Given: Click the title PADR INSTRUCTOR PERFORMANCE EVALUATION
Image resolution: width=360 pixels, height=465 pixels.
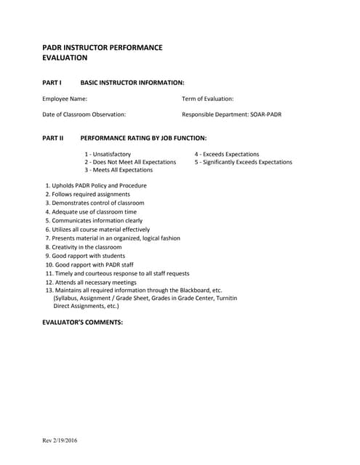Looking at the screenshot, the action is coord(102,52).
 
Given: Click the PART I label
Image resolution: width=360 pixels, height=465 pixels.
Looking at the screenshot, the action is coord(53,83).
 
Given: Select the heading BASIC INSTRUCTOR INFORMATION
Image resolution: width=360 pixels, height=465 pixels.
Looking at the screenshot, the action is coord(132,83).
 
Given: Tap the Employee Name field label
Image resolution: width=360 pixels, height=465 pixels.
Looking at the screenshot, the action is coord(65,98).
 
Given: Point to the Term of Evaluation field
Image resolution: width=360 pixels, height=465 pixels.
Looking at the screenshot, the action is coord(207,98).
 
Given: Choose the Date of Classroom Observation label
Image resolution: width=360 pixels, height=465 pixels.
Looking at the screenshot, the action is coord(84,114).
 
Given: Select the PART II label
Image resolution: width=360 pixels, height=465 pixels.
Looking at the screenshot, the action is coord(54,137).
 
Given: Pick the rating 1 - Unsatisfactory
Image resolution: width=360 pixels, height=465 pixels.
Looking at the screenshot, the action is coord(108,154).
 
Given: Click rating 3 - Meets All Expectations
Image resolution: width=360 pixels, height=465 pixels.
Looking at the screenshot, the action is coord(119,170).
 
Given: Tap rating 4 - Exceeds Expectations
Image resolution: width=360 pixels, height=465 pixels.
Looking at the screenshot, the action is coord(226,154).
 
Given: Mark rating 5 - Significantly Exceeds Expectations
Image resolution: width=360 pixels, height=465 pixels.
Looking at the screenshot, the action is coord(243,162).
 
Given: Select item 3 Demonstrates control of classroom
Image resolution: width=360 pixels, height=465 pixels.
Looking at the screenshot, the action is coord(95,203).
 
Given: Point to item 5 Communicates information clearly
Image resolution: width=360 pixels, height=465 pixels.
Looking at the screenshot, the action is coord(94,220).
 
